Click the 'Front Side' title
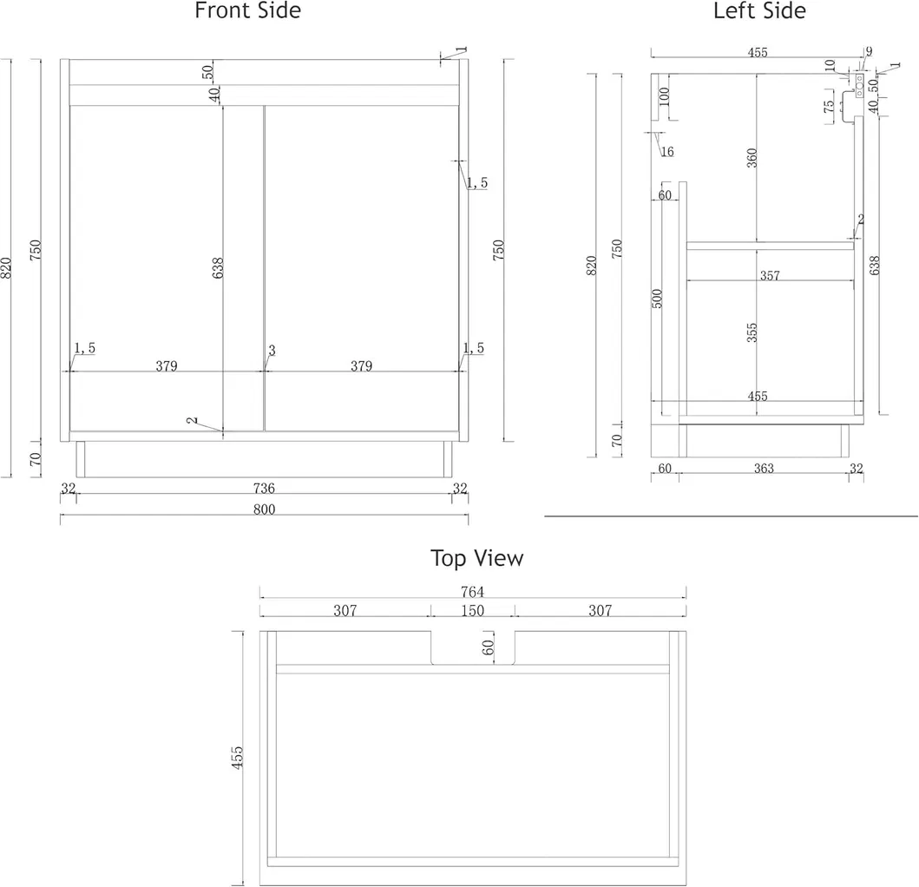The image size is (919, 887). click(x=247, y=11)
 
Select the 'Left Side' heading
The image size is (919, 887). click(x=759, y=11)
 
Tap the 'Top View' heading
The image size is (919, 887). click(x=476, y=558)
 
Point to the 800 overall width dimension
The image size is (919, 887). click(x=264, y=509)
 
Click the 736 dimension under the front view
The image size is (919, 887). click(x=264, y=489)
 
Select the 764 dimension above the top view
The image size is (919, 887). click(x=473, y=591)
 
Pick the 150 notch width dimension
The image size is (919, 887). click(x=473, y=611)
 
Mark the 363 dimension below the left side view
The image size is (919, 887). click(x=764, y=469)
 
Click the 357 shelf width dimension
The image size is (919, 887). click(x=769, y=276)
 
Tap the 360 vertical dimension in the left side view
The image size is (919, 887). click(x=752, y=157)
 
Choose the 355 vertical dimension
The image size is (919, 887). click(x=752, y=332)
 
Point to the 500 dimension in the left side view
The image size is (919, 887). click(x=658, y=299)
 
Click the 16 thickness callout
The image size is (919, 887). click(x=666, y=152)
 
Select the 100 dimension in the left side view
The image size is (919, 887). click(x=664, y=96)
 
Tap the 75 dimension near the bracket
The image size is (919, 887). click(x=829, y=106)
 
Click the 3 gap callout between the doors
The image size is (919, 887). click(x=272, y=351)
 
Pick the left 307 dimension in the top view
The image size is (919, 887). click(x=345, y=611)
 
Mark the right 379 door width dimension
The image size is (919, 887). click(x=362, y=366)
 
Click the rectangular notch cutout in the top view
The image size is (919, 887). click(x=473, y=647)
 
